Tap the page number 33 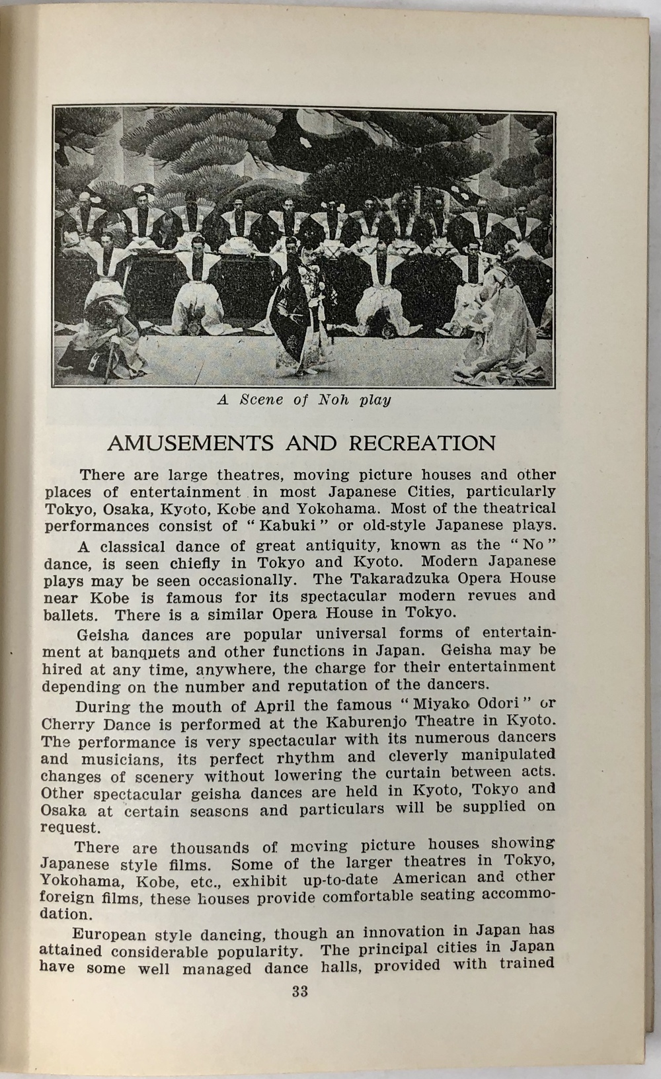pos(299,992)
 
